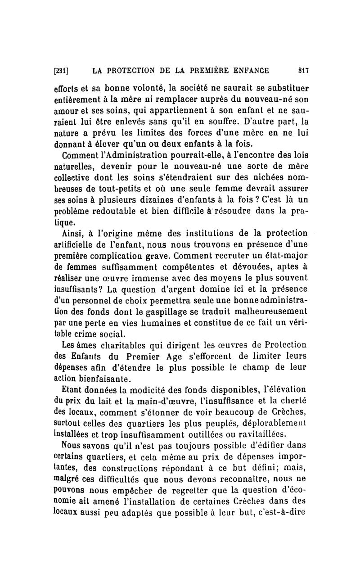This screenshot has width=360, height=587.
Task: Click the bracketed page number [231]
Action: pyautogui.click(x=60, y=70)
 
